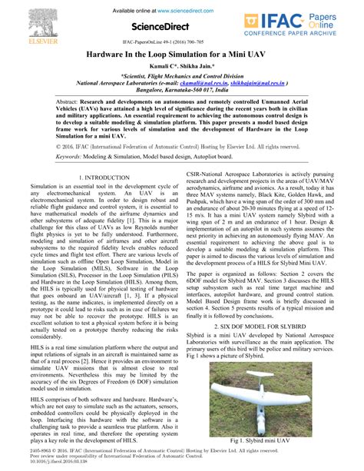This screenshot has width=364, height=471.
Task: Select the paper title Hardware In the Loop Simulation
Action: [x=181, y=56]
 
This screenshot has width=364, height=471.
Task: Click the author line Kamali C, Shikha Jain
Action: [x=181, y=69]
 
